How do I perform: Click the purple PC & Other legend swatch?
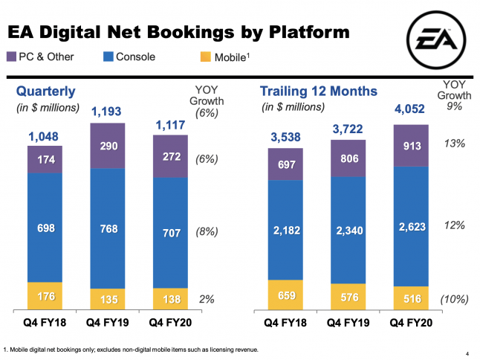click(x=11, y=57)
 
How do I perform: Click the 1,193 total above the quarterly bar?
click(x=106, y=112)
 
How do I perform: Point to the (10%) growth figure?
click(x=453, y=299)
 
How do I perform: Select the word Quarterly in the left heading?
click(x=46, y=91)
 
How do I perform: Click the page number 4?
click(x=464, y=354)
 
